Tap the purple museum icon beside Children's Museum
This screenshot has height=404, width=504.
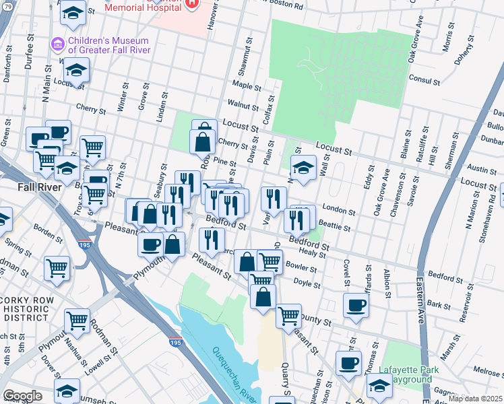[x=57, y=44]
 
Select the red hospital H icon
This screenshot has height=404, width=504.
[x=192, y=3]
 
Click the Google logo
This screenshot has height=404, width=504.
[x=22, y=395]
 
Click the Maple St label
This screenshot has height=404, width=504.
[x=247, y=86]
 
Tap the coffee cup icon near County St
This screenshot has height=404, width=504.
[x=355, y=305]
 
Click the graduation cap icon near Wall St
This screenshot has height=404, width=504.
[x=303, y=168]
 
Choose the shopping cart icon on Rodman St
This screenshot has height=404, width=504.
[x=77, y=321]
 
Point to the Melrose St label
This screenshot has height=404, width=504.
[x=489, y=372]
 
